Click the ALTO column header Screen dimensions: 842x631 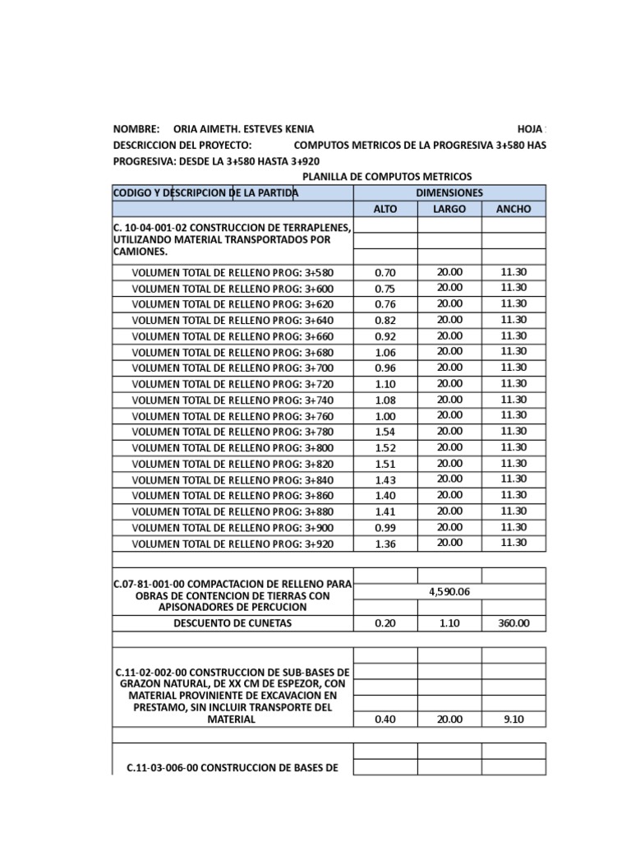tap(385, 209)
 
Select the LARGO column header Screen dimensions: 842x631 tap(449, 209)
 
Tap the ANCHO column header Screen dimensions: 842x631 tap(514, 209)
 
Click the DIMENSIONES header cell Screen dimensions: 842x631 tap(449, 192)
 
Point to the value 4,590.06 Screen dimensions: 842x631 tap(449, 590)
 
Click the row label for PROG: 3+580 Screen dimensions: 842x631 tap(233, 272)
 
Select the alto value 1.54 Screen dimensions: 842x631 tap(385, 432)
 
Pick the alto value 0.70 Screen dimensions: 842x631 tap(385, 272)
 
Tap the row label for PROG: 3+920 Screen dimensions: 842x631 tap(233, 544)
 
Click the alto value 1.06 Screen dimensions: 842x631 tap(385, 352)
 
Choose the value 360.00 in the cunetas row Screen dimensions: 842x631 tap(514, 623)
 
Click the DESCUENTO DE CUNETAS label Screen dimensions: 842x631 tap(233, 623)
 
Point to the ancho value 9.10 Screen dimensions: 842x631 tap(514, 719)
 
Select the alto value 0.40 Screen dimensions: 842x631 tap(385, 719)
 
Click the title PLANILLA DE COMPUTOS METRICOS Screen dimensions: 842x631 tap(387, 177)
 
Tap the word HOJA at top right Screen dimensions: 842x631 tap(530, 130)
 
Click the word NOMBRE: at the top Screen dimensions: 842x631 tap(136, 130)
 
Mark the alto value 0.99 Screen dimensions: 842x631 tap(385, 527)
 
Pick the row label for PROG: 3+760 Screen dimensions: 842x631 tap(233, 416)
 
